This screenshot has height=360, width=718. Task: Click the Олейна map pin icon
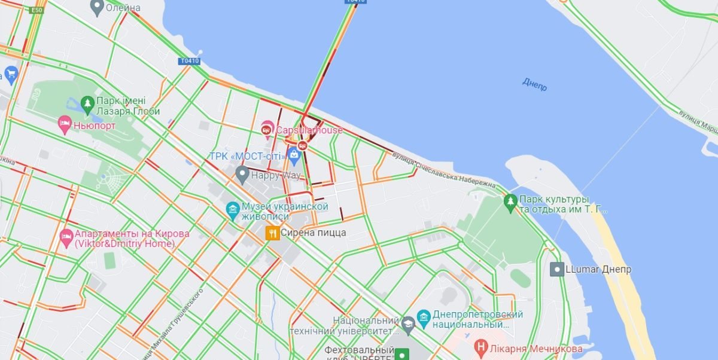pos(96,7)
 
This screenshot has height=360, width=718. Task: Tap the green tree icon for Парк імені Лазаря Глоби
pos(88,105)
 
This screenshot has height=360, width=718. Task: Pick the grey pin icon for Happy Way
pos(242,175)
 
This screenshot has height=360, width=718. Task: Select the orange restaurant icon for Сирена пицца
pos(272,233)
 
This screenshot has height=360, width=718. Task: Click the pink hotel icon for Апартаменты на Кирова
pos(66,238)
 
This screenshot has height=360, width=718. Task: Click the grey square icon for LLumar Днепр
pos(556,269)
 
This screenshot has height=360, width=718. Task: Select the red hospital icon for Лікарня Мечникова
pos(480,346)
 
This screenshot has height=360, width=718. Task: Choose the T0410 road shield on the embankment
pos(189,61)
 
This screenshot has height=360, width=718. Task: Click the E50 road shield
pos(37,10)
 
